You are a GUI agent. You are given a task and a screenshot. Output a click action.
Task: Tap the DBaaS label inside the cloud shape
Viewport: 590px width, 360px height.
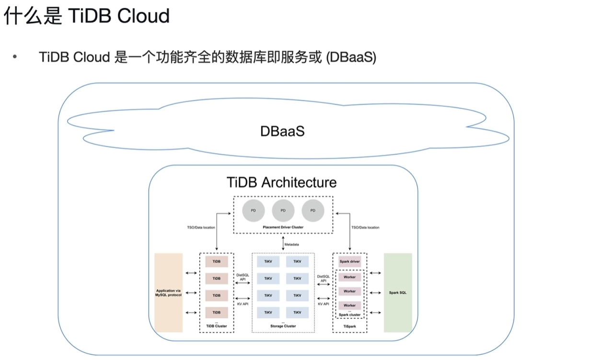point(282,130)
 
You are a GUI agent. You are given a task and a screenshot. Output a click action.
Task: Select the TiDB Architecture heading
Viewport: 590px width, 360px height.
point(281,183)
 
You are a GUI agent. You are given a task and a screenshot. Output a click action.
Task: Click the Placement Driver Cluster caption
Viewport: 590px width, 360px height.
point(283,227)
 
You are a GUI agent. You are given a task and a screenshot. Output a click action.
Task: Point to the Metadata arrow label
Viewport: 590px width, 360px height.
point(292,244)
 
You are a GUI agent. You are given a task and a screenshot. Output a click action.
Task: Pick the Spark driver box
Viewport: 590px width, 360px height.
point(349,262)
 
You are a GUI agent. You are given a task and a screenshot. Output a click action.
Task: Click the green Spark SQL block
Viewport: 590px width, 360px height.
point(398,292)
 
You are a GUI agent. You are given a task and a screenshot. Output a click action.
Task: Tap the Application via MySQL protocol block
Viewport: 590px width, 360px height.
point(168,292)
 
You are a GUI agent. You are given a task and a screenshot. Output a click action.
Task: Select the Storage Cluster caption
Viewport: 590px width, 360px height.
point(283,326)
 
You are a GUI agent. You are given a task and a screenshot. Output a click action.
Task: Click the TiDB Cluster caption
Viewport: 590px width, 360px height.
point(216,326)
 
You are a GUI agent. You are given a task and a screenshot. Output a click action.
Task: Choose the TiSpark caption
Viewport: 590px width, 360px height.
point(349,326)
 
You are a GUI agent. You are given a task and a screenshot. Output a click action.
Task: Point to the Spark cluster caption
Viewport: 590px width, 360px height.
point(349,315)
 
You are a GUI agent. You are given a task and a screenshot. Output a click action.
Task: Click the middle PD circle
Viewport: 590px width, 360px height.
point(283,210)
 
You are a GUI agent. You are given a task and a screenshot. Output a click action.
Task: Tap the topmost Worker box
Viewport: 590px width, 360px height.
point(349,277)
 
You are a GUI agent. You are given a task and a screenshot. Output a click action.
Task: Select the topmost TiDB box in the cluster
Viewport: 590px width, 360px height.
point(216,262)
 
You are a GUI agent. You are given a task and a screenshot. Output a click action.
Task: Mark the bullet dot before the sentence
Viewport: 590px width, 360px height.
point(15,58)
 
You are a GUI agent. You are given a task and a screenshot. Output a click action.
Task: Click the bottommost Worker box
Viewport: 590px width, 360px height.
point(349,305)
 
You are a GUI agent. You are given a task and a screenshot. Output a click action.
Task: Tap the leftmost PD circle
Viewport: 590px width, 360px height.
point(254,210)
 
